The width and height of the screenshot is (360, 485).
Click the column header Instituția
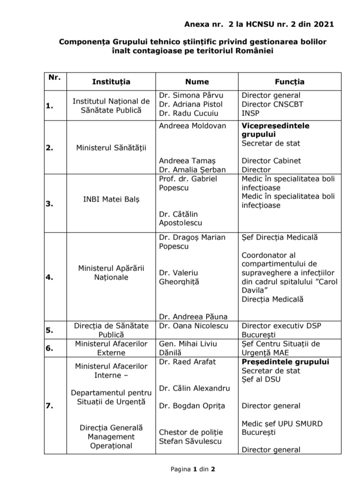[111, 81]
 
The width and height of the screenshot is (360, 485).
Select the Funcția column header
[289, 81]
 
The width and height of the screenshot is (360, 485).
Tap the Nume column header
[196, 81]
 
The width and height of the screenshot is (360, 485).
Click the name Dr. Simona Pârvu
[191, 95]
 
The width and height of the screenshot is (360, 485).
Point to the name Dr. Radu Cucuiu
[189, 113]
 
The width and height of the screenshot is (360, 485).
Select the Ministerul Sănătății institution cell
[111, 147]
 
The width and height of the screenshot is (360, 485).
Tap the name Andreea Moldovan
[192, 125]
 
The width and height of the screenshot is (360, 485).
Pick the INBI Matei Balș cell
[111, 199]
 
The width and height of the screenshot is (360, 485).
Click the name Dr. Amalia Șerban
[192, 169]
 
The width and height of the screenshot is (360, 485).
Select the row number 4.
[49, 277]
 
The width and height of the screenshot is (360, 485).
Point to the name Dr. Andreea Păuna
[193, 316]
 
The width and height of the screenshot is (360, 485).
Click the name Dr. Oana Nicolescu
[193, 325]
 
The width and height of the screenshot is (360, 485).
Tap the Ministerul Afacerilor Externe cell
[111, 347]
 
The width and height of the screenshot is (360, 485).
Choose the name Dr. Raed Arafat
[187, 361]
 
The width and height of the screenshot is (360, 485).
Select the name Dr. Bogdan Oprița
[192, 405]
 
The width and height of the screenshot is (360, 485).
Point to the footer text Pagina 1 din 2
[192, 469]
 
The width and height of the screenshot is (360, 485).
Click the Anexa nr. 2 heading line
[258, 23]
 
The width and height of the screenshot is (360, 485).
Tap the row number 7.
[49, 406]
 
